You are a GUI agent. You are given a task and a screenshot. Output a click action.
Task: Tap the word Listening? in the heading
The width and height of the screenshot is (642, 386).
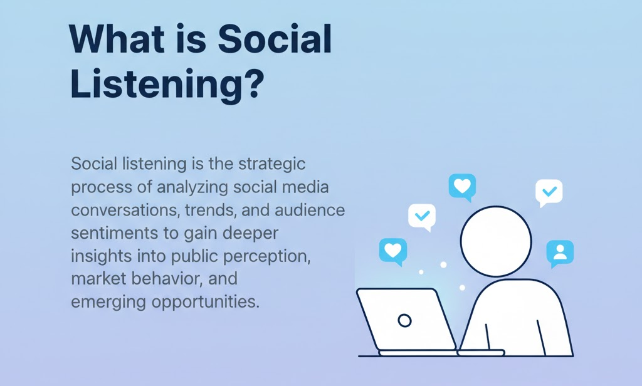(x=166, y=86)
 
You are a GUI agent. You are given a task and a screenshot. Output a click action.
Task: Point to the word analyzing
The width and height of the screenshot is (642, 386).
(x=192, y=187)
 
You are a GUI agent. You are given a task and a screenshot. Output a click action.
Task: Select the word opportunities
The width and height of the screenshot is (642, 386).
(x=204, y=301)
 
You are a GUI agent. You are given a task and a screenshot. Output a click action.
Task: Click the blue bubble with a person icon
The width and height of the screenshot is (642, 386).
(x=560, y=252)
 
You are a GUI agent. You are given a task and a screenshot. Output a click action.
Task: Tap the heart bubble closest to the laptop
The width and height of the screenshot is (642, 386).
(x=392, y=250)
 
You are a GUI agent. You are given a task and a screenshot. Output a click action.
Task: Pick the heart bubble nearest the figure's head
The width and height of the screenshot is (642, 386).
(x=462, y=186)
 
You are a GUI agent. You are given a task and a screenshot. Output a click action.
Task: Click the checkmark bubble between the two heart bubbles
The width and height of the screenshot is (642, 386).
(x=421, y=216)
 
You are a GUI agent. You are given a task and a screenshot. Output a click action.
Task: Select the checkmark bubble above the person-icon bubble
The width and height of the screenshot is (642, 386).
(x=549, y=192)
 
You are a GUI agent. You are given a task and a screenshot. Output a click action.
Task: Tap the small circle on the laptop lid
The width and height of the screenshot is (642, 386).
(x=405, y=321)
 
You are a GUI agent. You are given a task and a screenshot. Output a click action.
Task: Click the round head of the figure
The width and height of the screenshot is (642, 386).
(x=496, y=241)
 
